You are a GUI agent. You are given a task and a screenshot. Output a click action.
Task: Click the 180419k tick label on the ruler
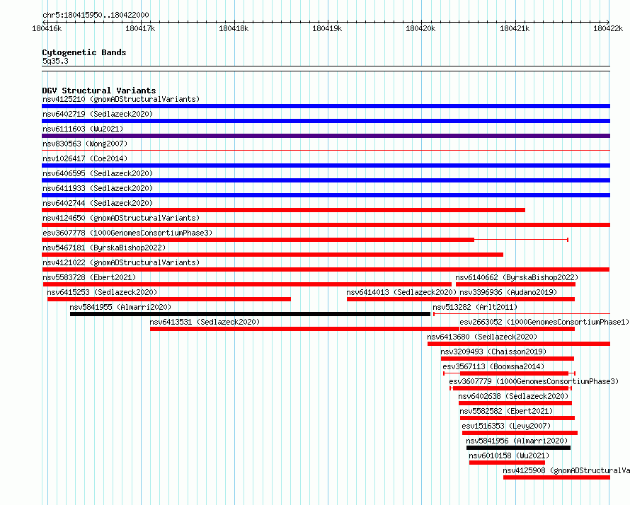327,28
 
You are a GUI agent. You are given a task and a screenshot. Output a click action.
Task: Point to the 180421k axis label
515,28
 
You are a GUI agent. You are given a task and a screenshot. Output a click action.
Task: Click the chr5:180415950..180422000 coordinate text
96,16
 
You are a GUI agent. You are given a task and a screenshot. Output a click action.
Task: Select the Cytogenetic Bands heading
84,52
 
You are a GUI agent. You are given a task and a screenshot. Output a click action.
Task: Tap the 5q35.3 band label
55,61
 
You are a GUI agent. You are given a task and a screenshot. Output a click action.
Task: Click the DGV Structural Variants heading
99,91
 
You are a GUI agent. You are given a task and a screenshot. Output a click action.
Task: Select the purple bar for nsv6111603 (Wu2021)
326,136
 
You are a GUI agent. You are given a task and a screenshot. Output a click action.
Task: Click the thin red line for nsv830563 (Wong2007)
326,151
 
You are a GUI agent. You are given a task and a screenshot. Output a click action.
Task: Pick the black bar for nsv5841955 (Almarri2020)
250,314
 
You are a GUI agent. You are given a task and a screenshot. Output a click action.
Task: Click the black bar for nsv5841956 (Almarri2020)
518,448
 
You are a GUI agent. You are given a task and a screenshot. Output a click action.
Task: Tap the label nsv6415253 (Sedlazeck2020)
102,292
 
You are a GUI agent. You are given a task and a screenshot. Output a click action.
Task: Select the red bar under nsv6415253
169,299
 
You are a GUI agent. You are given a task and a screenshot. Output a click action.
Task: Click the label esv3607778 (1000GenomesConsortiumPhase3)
127,233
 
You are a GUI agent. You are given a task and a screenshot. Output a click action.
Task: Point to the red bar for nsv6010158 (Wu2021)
507,463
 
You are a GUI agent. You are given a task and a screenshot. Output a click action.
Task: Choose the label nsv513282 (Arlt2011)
475,307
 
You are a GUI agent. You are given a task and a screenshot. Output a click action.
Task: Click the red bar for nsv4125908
556,477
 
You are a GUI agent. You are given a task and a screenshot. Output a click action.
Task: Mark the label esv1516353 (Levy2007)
506,426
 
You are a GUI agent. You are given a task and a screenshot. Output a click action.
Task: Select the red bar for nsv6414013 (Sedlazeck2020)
403,299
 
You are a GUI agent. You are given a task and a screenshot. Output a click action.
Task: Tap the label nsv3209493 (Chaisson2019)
493,352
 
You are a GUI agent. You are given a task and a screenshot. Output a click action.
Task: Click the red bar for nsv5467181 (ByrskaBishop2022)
273,255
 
